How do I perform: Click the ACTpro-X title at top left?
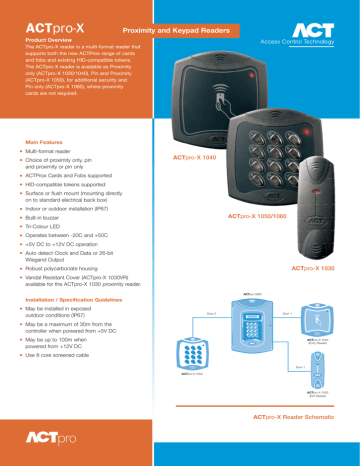[51, 20]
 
